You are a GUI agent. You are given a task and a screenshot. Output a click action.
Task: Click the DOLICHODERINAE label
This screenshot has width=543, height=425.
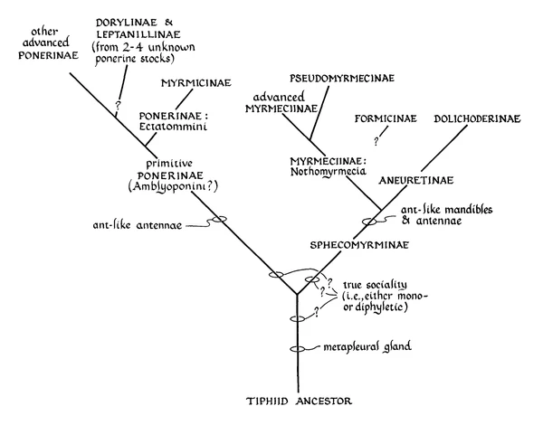pos(477,118)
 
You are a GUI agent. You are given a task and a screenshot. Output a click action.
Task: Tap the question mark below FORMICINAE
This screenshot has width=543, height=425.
pos(376,140)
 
